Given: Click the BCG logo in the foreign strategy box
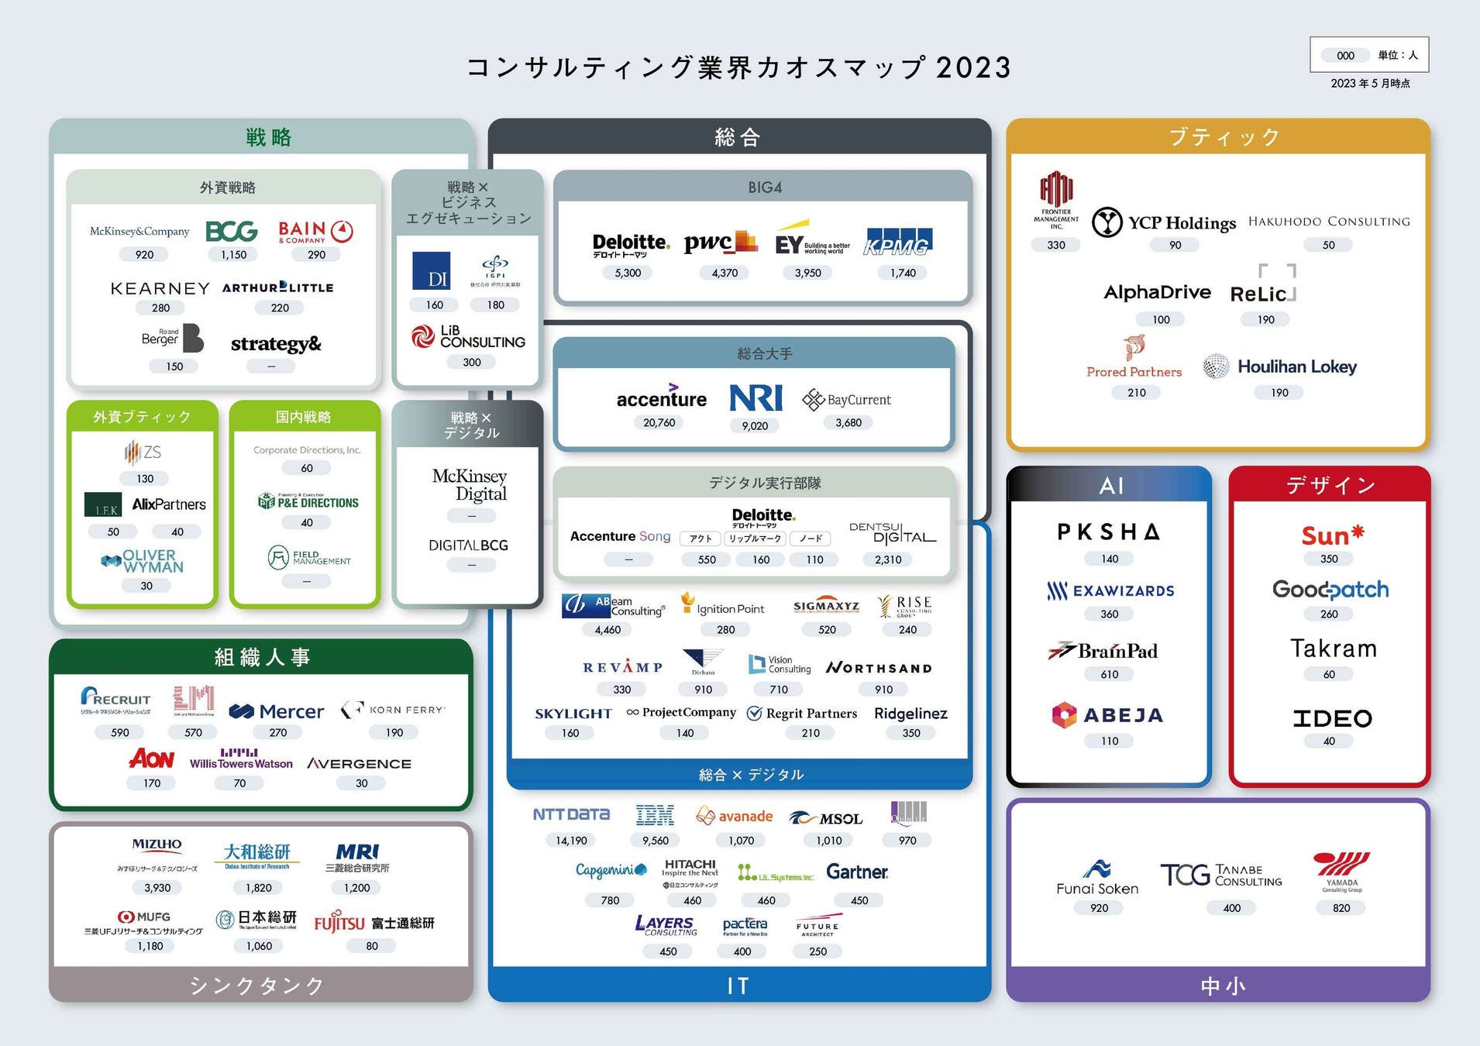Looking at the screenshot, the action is click(231, 231).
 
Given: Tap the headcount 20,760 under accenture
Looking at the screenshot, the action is click(659, 423).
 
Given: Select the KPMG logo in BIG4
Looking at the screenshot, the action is click(899, 243).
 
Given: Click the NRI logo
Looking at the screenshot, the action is click(755, 398).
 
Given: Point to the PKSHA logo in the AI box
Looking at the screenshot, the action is click(1109, 532).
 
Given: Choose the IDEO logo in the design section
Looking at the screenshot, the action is click(1332, 718).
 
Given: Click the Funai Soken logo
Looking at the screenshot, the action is click(1097, 878).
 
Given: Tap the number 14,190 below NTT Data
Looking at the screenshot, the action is click(571, 841).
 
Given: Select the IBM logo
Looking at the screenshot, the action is click(655, 815).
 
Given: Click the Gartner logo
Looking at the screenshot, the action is click(857, 872).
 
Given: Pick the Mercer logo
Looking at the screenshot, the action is click(277, 711).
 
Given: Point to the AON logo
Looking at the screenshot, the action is click(152, 759).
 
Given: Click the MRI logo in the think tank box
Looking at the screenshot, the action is click(357, 852).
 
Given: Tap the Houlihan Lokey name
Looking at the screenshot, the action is click(1296, 366).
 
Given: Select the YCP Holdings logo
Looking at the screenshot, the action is click(1164, 223).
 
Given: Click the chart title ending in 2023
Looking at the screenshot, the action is click(739, 67).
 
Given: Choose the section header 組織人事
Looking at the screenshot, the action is click(262, 657).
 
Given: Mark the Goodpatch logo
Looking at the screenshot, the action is click(1330, 590).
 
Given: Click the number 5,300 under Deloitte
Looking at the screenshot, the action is click(628, 273).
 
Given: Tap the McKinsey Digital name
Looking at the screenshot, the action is click(470, 485).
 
